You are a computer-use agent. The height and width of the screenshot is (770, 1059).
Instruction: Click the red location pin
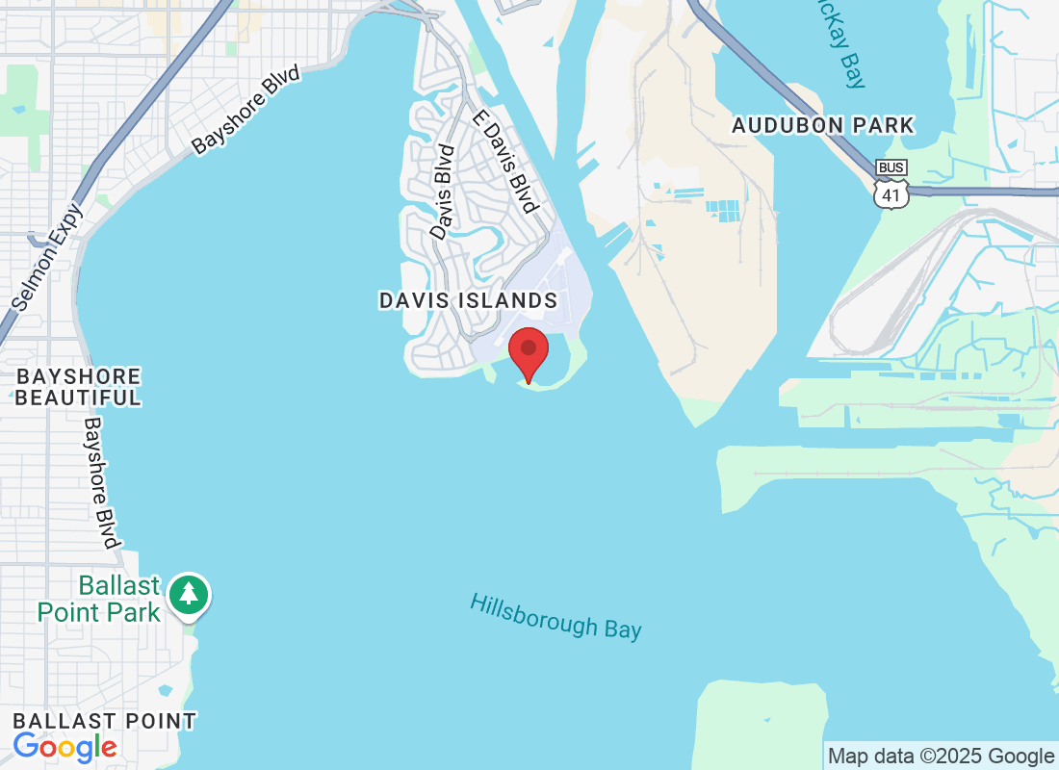[528, 351]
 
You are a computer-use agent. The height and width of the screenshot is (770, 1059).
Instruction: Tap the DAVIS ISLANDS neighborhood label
[468, 300]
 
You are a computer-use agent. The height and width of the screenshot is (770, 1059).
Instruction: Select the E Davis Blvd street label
[504, 161]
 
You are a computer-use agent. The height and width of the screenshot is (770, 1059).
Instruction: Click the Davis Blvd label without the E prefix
[442, 192]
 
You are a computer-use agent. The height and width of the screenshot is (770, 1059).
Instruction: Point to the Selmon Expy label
[49, 257]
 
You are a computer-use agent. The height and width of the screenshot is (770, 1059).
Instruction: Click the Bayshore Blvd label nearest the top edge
[245, 110]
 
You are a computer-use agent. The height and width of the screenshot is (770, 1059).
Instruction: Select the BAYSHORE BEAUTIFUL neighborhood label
[78, 387]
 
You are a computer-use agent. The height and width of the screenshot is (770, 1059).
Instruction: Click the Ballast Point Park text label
[98, 598]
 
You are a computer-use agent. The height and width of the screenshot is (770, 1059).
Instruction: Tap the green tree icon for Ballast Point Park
[189, 594]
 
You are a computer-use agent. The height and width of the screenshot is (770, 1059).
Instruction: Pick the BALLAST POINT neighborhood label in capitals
[104, 721]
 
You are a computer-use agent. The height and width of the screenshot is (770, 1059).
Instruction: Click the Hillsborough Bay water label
[555, 616]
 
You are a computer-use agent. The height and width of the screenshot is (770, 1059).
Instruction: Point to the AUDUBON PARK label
[822, 125]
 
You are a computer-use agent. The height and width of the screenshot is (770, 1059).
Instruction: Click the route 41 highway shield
[891, 194]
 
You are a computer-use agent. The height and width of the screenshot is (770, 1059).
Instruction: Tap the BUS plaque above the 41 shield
[891, 168]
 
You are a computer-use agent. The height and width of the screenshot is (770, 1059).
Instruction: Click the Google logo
[65, 746]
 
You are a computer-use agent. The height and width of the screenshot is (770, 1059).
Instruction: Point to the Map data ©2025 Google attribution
[941, 757]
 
